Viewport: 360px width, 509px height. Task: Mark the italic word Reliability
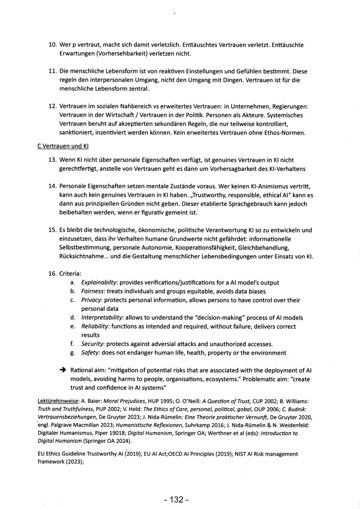(x=96, y=327)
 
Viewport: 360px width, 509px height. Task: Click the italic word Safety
(x=90, y=353)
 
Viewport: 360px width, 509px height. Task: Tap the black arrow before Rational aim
(x=63, y=370)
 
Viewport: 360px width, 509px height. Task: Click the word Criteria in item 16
(x=70, y=274)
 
